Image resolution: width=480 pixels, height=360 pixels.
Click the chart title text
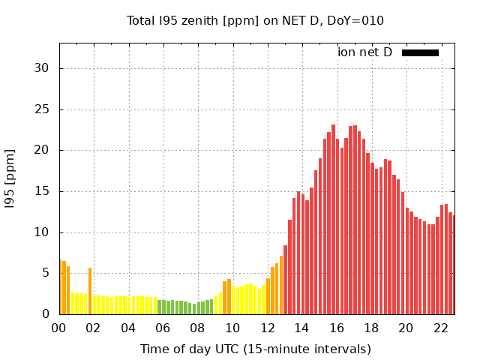255,20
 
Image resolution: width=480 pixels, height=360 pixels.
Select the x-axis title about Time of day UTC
255,349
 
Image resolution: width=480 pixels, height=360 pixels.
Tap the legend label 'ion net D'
364,52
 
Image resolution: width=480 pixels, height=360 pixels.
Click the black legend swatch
420,52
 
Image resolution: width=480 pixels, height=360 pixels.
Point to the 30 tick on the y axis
42,68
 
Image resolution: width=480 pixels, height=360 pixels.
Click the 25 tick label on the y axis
42,109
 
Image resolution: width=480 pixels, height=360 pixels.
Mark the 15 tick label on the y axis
42,191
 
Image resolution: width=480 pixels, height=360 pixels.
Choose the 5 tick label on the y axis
46,274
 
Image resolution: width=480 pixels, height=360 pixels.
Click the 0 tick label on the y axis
46,314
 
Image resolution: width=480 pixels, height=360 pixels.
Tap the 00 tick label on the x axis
59,328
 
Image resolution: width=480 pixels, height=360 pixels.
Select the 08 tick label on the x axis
197,328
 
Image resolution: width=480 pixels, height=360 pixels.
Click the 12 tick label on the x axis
267,328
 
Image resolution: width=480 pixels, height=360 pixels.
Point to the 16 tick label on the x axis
336,328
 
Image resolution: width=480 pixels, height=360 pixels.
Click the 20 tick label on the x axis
406,328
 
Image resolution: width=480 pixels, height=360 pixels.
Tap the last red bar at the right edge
453,266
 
